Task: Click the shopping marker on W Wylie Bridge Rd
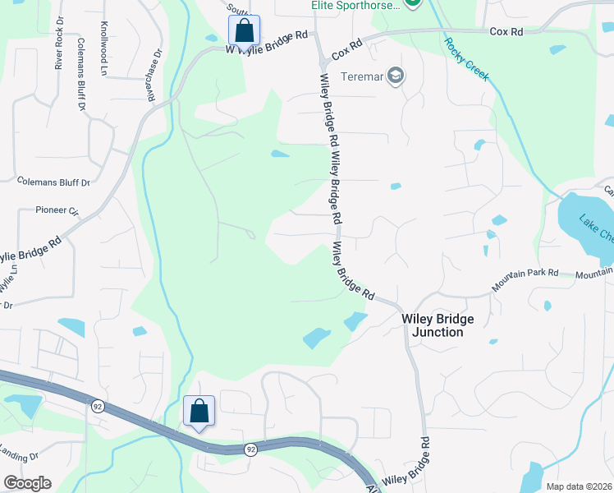click(244, 31)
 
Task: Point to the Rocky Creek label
click(466, 59)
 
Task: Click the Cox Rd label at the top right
click(506, 31)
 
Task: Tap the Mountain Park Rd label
click(525, 281)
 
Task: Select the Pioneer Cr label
click(57, 210)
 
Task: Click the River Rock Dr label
click(59, 52)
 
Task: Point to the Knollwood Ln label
click(104, 49)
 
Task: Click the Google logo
click(27, 483)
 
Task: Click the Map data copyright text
click(578, 486)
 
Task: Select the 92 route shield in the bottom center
click(250, 449)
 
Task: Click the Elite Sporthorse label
click(355, 5)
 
